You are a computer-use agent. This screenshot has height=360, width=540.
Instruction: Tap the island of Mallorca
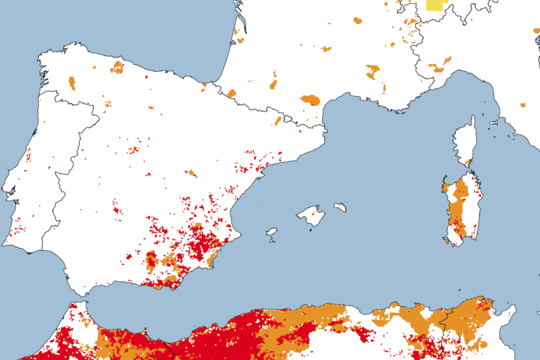pyautogui.click(x=312, y=216)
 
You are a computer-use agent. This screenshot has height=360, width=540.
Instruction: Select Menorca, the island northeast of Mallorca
pyautogui.click(x=340, y=208)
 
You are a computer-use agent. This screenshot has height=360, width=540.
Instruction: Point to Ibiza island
pyautogui.click(x=272, y=232)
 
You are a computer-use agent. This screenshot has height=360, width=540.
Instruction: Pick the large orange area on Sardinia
pyautogui.click(x=458, y=206)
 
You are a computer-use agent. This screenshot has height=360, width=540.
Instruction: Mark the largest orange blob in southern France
pyautogui.click(x=310, y=100)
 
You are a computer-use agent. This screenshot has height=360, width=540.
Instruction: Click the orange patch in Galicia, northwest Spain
pyautogui.click(x=71, y=83)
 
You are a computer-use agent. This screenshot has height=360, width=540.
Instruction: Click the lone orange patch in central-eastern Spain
pyautogui.click(x=192, y=173)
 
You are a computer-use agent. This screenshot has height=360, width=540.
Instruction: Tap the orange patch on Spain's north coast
pyautogui.click(x=117, y=67)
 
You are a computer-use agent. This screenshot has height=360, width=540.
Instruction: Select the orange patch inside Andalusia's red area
pyautogui.click(x=152, y=260)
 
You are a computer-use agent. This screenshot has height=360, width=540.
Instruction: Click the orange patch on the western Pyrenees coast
pyautogui.click(x=231, y=93)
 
